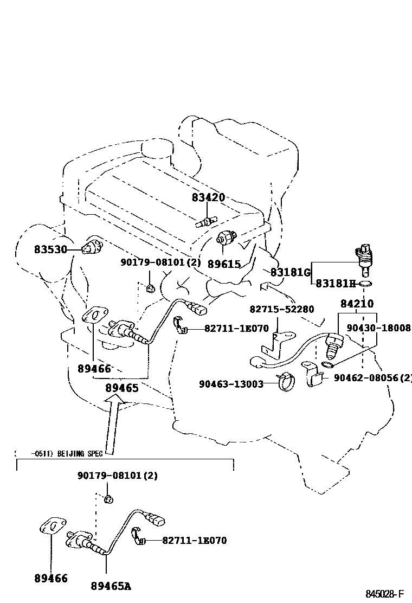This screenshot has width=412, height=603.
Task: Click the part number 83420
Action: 208,198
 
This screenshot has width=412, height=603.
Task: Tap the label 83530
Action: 50,249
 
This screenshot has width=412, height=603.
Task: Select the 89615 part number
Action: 224,264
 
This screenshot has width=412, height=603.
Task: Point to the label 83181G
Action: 290,272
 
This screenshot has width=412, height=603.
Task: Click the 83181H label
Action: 335,284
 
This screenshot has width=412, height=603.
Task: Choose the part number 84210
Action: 357,304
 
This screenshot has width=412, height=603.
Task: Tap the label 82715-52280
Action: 281,309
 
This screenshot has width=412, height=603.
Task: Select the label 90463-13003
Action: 231,384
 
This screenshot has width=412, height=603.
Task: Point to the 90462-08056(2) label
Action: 372,377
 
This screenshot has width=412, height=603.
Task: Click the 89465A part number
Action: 111,586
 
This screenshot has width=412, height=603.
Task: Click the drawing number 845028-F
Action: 385,594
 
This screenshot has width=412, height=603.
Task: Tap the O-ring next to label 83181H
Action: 366,284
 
